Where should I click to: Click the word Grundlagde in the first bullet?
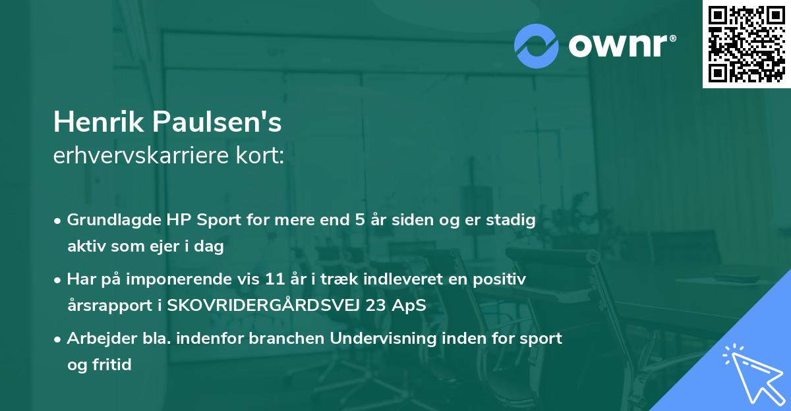[x=110, y=220]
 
